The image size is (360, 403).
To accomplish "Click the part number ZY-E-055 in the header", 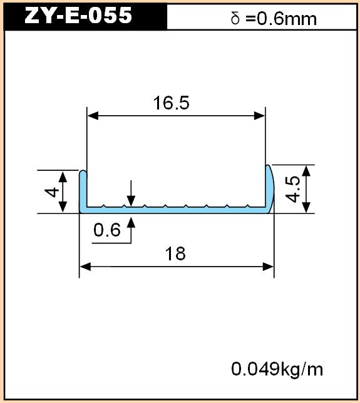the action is pyautogui.click(x=78, y=16).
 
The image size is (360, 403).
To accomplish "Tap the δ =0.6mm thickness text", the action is pyautogui.click(x=274, y=19).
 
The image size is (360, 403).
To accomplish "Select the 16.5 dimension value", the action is pyautogui.click(x=172, y=103).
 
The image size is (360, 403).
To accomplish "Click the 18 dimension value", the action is pyautogui.click(x=175, y=253).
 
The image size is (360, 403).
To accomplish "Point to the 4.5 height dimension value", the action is pyautogui.click(x=292, y=189).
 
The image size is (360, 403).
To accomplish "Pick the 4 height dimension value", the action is pyautogui.click(x=52, y=192).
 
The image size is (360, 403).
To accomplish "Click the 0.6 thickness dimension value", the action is pyautogui.click(x=106, y=230).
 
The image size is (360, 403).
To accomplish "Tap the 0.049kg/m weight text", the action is pyautogui.click(x=277, y=369).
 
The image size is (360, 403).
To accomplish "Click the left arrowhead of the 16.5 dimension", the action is pyautogui.click(x=93, y=116).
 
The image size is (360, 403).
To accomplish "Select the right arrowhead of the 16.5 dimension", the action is pyautogui.click(x=259, y=116).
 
